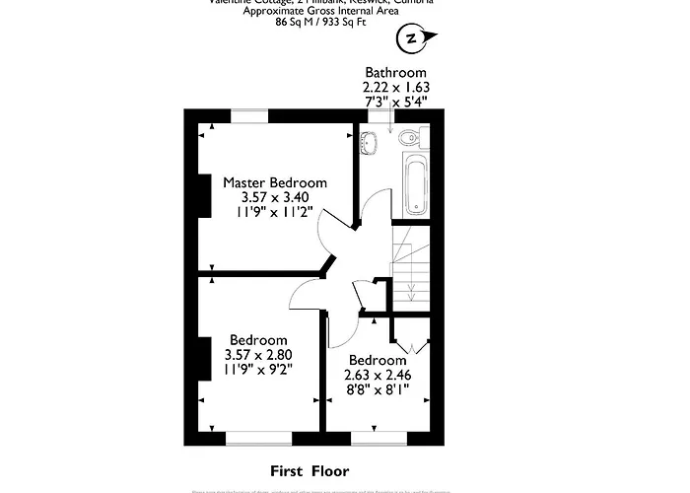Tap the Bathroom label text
(x=395, y=73)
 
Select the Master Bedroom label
(x=274, y=183)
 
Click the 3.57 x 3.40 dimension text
(x=274, y=198)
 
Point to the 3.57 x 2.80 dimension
(x=258, y=355)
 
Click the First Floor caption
(x=310, y=471)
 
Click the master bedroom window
(x=250, y=116)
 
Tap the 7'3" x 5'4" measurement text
(x=395, y=102)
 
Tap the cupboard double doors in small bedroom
(x=412, y=345)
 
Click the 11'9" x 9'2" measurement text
(x=258, y=370)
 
